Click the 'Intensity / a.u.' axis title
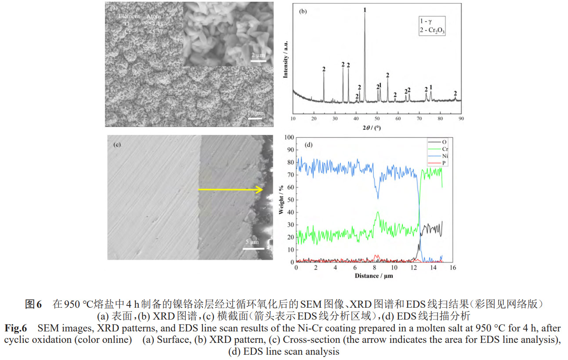286,60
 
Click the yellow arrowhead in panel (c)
261,189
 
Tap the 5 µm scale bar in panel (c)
252,248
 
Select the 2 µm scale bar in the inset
259,60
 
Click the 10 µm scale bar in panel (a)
254,118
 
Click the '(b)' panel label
303,12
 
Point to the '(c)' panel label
117,144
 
